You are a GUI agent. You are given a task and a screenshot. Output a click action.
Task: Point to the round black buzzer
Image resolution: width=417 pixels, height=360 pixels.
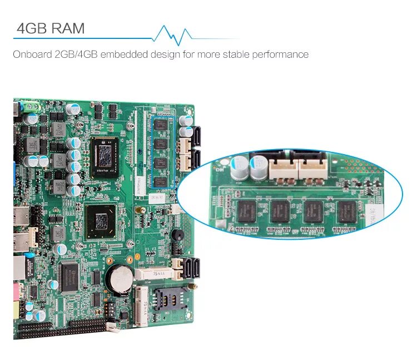tap(177, 235)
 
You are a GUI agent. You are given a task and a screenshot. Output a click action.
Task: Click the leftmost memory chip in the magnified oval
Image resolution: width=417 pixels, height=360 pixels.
tap(246, 211)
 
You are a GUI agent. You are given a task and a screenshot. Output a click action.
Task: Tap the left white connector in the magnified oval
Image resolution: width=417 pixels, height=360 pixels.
tap(283, 167)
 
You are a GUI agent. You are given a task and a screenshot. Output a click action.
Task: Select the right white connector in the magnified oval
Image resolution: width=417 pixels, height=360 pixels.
tap(314, 166)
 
